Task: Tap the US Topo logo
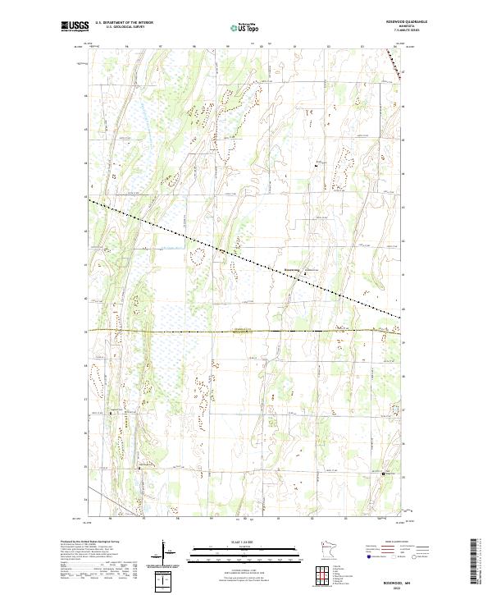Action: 242,27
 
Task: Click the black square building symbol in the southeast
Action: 385,473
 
